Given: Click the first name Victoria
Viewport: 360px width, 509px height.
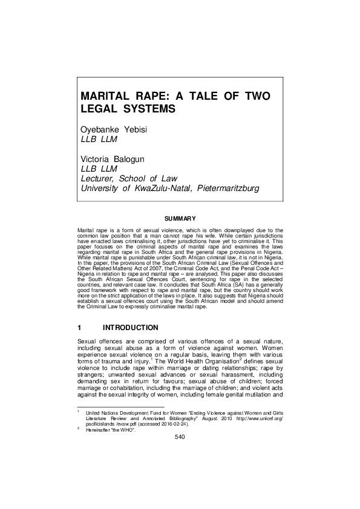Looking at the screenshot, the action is tap(99, 158).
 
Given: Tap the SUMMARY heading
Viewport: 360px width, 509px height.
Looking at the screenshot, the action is tap(180, 218).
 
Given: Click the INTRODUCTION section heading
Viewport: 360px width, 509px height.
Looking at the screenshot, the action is tap(131, 328).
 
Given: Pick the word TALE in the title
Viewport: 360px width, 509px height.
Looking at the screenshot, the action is tap(206, 97).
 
